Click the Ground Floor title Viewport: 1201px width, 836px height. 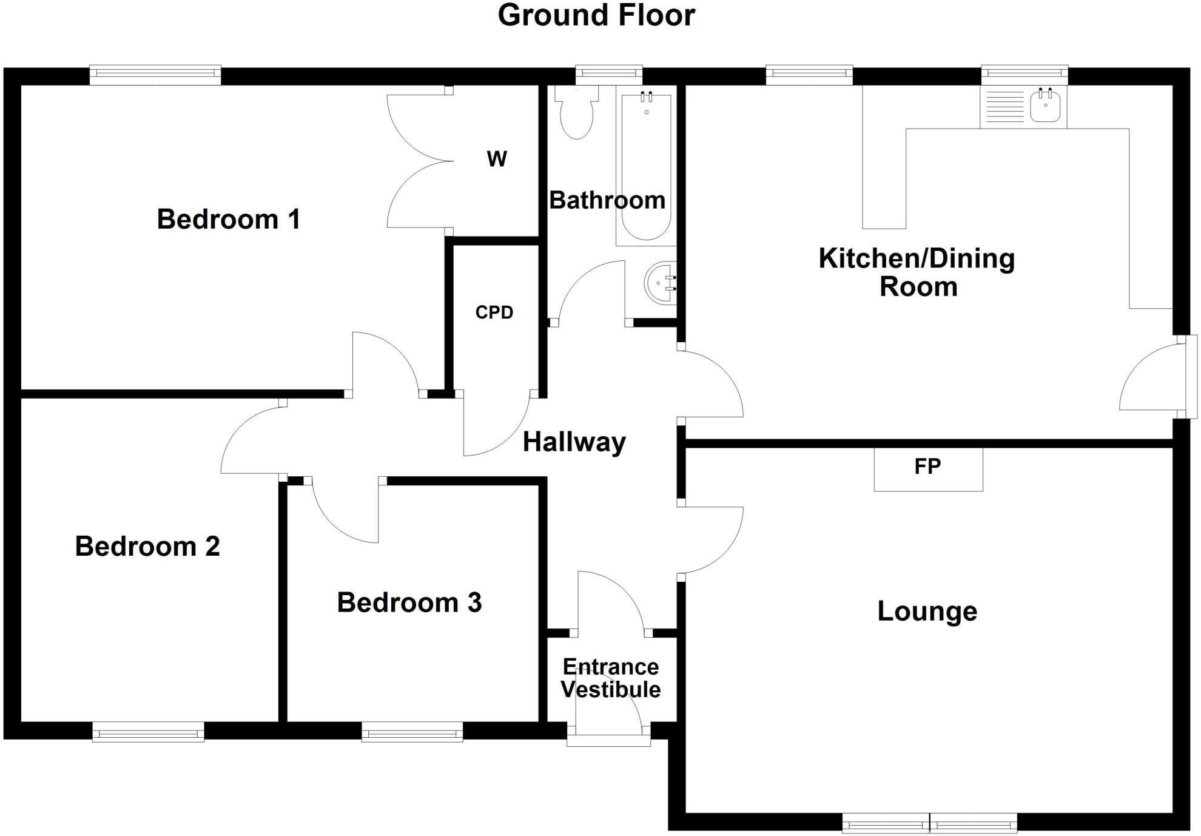[x=596, y=16]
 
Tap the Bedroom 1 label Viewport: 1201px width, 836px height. [x=229, y=219]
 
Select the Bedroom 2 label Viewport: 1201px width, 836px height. [x=147, y=546]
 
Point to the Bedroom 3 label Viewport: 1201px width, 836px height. [x=409, y=602]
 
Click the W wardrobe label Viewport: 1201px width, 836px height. [x=497, y=159]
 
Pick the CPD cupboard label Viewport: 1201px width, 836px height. [x=494, y=312]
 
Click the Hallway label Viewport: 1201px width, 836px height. [x=574, y=442]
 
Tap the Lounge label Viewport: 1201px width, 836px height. [x=927, y=611]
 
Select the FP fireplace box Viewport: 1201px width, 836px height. [x=928, y=470]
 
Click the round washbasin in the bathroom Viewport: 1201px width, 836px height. [x=661, y=283]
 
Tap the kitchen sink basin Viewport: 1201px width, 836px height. [x=1045, y=106]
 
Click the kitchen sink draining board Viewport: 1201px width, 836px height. [x=1004, y=107]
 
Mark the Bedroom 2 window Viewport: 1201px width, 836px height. [x=149, y=732]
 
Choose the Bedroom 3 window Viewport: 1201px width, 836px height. [x=412, y=732]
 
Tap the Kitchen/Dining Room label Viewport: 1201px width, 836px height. [x=917, y=272]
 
